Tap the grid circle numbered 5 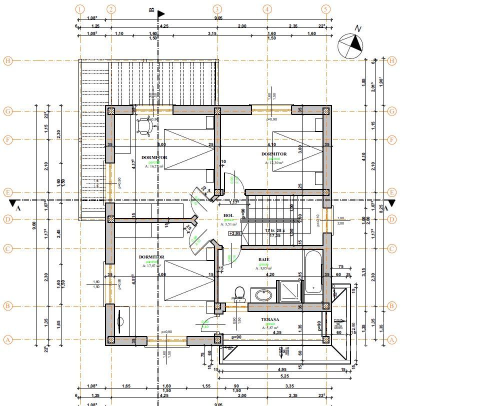click(x=326, y=9)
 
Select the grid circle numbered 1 click(x=80, y=9)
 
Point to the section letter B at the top click(x=152, y=9)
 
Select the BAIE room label click(x=264, y=259)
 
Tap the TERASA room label click(x=269, y=319)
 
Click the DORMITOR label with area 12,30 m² click(x=274, y=154)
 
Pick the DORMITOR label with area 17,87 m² click(x=151, y=257)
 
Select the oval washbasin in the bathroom click(x=262, y=295)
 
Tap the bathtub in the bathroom click(x=312, y=272)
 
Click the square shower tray click(x=290, y=291)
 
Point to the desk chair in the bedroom click(x=144, y=125)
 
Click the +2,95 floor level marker click(x=234, y=233)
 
